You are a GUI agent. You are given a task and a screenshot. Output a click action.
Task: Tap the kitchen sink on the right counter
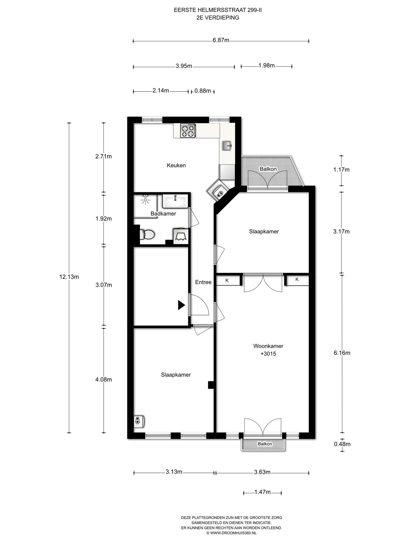point(227,146)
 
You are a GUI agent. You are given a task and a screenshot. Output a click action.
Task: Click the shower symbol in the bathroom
point(146,200)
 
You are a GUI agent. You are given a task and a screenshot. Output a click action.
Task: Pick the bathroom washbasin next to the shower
point(174,201)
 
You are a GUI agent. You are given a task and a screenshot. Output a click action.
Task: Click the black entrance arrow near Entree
point(181,305)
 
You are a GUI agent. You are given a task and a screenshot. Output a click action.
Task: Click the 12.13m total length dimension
point(69,277)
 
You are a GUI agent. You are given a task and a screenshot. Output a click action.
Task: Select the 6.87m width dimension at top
point(221,40)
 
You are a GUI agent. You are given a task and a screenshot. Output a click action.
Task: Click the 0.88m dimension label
point(203,91)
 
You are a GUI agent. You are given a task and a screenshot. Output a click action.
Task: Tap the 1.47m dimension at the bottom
point(262,492)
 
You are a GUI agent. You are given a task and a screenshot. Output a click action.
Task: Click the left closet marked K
point(228,280)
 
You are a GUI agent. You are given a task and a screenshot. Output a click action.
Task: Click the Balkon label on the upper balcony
point(268,169)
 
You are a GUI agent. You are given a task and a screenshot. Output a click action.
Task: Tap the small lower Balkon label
point(265,444)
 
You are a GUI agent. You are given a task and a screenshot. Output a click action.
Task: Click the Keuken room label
point(176,165)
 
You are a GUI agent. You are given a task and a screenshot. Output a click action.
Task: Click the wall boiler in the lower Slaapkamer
point(139,422)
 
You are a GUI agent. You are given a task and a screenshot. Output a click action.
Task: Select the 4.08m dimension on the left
point(103,380)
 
